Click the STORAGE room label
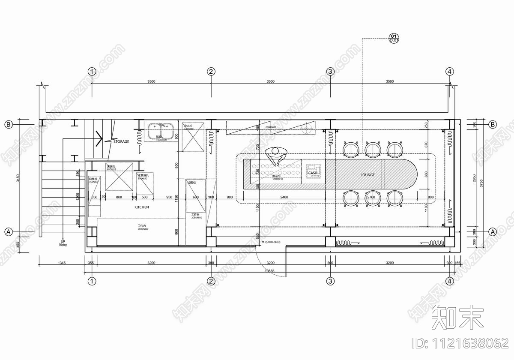(x=121, y=141)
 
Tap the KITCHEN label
(x=142, y=207)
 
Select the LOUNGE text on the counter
(x=368, y=175)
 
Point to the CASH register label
(x=313, y=173)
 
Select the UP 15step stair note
(x=63, y=243)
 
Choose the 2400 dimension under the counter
(x=284, y=197)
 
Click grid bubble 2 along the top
(x=211, y=72)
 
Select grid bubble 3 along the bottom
(x=330, y=282)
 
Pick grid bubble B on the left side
(x=8, y=125)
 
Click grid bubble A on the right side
(x=493, y=232)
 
